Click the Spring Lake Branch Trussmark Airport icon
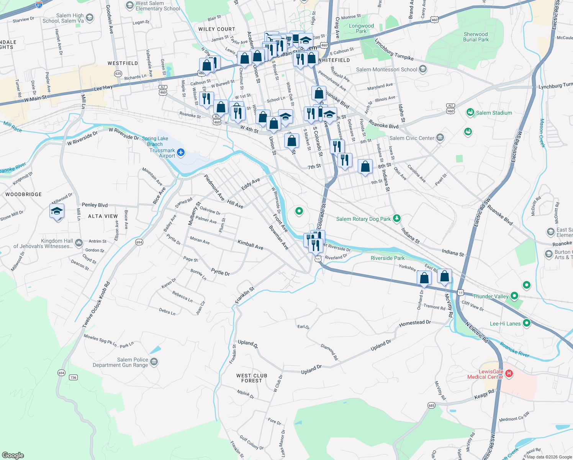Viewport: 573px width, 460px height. pos(181,153)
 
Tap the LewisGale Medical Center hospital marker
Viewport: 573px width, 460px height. pos(509,373)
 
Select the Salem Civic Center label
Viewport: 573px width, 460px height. pos(412,138)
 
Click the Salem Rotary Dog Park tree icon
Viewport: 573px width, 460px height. pos(397,219)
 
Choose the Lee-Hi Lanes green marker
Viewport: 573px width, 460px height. pos(527,323)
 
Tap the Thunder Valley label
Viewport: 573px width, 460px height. pos(491,296)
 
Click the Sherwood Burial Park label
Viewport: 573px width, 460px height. pos(476,37)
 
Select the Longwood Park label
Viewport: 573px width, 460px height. pos(361,28)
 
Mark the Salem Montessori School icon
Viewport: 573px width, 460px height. pos(423,69)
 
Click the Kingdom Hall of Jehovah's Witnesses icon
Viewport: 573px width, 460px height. pos(79,243)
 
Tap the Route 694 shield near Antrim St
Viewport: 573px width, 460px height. pos(139,242)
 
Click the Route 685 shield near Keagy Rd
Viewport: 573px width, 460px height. pos(431,405)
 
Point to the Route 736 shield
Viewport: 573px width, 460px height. pos(73,377)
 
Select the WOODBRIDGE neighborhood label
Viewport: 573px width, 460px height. pos(23,194)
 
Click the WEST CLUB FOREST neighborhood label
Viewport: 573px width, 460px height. pos(252,378)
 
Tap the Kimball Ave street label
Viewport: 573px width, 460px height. pos(250,245)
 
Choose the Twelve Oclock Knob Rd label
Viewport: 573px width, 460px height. pos(96,305)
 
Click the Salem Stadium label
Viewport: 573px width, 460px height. pos(494,113)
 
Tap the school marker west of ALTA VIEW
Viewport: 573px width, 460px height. pos(57,211)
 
